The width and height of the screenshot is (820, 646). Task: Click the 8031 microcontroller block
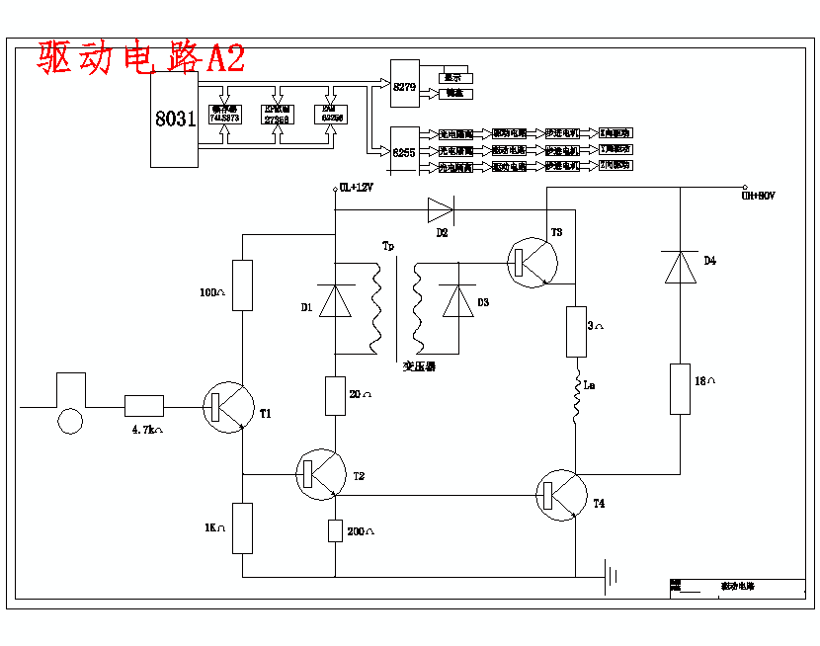(x=174, y=119)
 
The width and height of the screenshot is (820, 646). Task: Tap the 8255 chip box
(x=405, y=150)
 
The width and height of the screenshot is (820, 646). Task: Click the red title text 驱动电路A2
(x=141, y=58)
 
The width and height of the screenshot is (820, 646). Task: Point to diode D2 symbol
(x=440, y=208)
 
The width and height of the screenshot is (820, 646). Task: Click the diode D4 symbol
(x=680, y=268)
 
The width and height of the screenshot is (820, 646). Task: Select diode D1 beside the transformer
(x=336, y=301)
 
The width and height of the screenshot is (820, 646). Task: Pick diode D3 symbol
(x=458, y=301)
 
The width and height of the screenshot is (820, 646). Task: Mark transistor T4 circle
(x=561, y=495)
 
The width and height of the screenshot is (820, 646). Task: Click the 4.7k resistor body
(x=144, y=406)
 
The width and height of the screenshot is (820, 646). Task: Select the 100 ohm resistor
(x=242, y=285)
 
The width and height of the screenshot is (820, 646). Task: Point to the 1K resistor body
(x=242, y=527)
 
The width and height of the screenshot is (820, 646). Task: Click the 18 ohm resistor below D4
(x=680, y=388)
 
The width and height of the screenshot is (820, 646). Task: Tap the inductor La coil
(x=577, y=395)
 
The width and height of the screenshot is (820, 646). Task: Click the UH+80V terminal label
(x=759, y=197)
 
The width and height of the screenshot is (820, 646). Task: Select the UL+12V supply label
(x=356, y=188)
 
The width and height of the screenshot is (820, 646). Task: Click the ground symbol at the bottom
(x=614, y=575)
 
